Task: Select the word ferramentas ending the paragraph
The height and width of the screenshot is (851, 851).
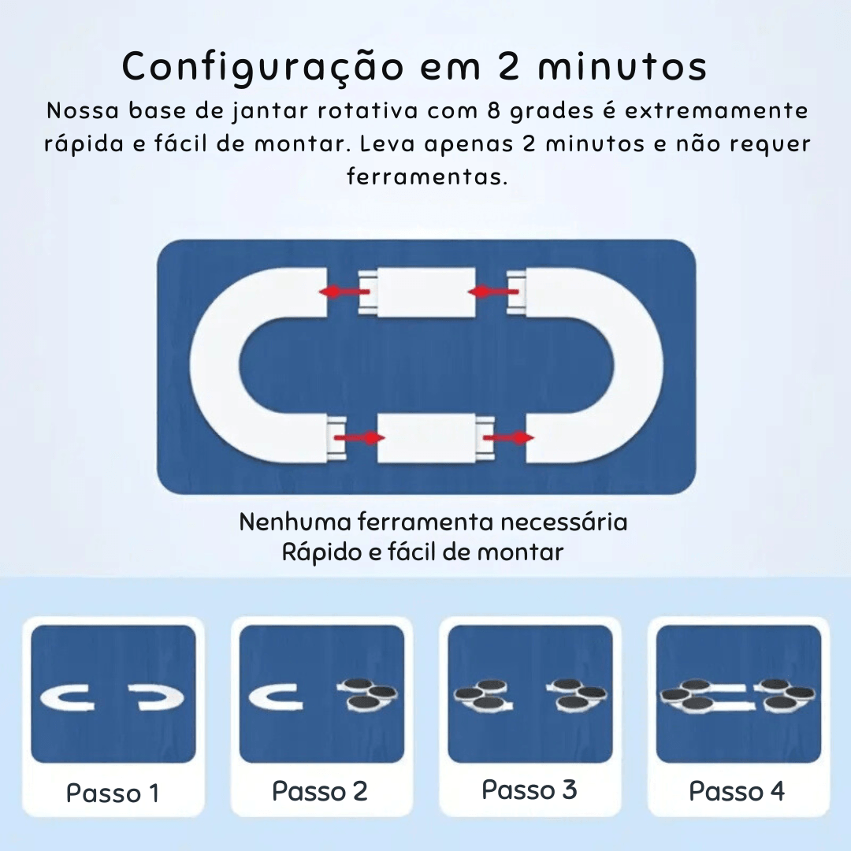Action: tap(425, 176)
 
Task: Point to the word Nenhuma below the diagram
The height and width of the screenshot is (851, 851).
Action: tap(295, 522)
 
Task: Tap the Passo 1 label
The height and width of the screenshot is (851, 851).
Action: tap(113, 793)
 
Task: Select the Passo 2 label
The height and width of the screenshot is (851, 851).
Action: tap(320, 791)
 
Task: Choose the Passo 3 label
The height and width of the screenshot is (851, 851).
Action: tap(530, 790)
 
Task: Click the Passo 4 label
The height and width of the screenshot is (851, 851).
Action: tap(738, 791)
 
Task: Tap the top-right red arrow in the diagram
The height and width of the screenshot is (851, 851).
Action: tap(492, 292)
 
